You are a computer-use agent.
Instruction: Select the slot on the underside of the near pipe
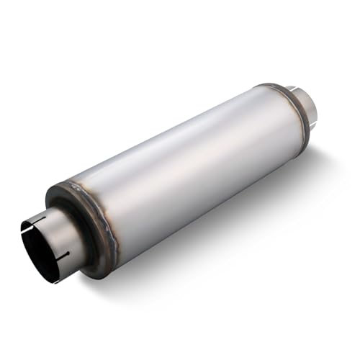63,258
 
